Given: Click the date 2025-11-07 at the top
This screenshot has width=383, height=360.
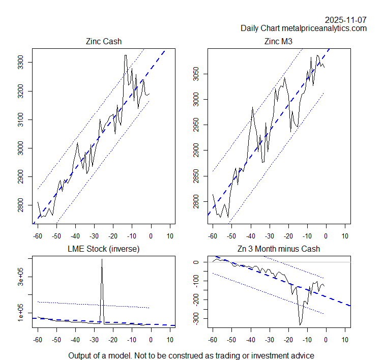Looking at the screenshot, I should tap(346, 20).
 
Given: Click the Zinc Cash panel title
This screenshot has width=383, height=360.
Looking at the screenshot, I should tap(104, 41).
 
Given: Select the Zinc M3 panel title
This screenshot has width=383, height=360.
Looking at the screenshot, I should tap(279, 41).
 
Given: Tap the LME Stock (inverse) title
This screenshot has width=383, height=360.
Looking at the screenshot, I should tap(104, 249).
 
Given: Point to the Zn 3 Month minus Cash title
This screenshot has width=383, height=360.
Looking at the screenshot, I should tap(279, 249).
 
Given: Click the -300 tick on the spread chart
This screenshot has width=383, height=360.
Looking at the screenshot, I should tap(199, 319).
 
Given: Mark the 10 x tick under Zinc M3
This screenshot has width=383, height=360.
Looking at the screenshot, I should tap(345, 235).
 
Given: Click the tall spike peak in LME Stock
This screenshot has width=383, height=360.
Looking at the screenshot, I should tap(102, 259).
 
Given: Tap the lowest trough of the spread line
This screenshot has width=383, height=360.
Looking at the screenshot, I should tap(300, 324).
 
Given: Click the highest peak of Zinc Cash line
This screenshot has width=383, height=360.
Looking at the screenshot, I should tap(126, 55).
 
